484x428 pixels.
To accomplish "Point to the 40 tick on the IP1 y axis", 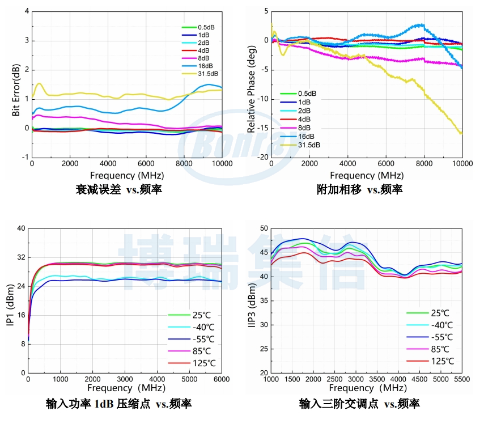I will pyautogui.click(x=22, y=228).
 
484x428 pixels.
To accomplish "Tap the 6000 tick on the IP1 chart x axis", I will pyautogui.click(x=221, y=379).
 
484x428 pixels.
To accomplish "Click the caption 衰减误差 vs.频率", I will pyautogui.click(x=119, y=189).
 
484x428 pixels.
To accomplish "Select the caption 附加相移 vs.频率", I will pyautogui.click(x=360, y=189).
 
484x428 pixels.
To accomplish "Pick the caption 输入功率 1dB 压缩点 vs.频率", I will pyautogui.click(x=118, y=404).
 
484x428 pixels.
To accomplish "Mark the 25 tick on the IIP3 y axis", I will pyautogui.click(x=264, y=349).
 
